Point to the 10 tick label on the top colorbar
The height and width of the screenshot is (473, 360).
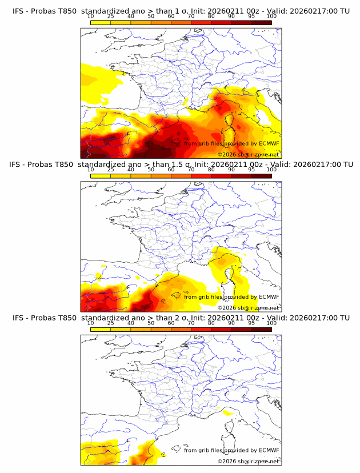tap(91, 17)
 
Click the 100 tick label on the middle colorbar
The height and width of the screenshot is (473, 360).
tap(271, 170)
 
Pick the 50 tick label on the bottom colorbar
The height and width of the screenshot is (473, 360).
tap(151, 323)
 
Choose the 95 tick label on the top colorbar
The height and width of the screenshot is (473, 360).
tap(251, 17)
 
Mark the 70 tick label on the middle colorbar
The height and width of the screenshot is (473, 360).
tap(191, 170)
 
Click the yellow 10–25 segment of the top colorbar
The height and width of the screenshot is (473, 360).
tap(101, 22)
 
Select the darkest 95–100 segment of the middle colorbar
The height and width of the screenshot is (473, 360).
tap(261, 176)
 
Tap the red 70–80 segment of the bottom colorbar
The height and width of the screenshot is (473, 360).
tap(201, 329)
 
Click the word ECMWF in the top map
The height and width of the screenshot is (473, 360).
tap(269, 143)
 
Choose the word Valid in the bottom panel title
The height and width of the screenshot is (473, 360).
tap(278, 318)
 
